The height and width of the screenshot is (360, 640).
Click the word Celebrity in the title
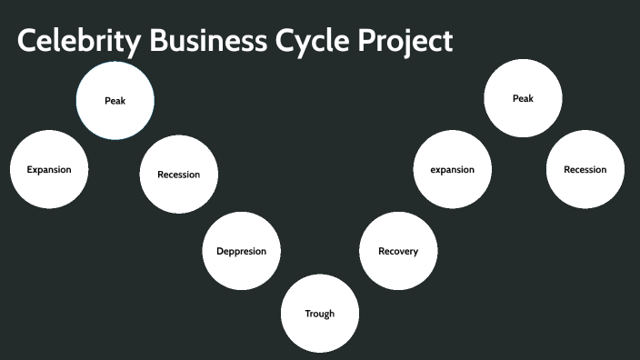point(68,42)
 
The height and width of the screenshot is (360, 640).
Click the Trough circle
point(320,314)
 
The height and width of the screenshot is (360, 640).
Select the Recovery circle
point(398,251)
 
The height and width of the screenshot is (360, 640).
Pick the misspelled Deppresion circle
point(241,251)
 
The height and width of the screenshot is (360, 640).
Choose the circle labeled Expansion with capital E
point(49,170)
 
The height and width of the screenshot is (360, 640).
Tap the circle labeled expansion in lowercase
point(453,170)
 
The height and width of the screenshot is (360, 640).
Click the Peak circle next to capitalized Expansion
point(115,101)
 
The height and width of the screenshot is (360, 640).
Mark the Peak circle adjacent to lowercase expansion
point(523,99)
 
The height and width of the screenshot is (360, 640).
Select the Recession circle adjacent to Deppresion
point(179,175)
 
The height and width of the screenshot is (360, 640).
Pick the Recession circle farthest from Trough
point(585,170)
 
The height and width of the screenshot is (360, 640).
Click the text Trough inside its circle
point(320,314)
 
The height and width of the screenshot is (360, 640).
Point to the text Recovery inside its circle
point(398,251)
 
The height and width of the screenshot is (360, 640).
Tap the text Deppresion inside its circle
point(241,251)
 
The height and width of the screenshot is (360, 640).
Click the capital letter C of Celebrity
point(28,42)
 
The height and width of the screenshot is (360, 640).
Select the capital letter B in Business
point(135,42)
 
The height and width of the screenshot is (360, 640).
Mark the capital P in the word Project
point(358,42)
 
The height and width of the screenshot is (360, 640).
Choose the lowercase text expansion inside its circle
point(453,170)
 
